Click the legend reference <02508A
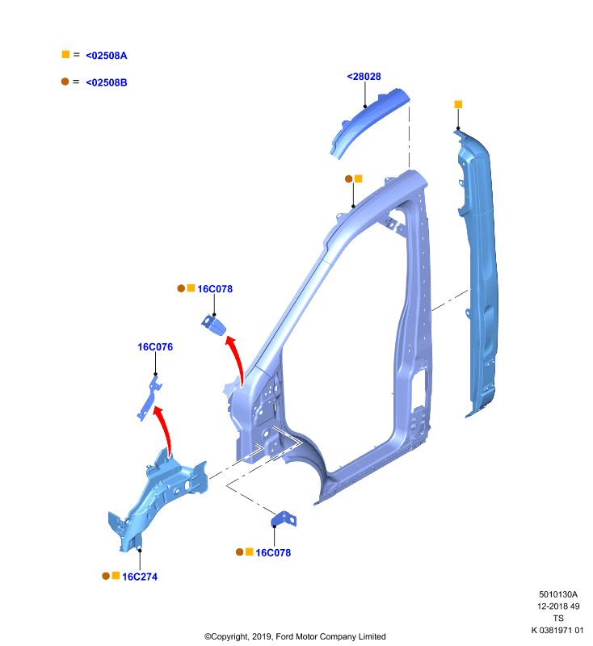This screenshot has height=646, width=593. coord(107,56)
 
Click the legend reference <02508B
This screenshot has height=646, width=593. coord(107,82)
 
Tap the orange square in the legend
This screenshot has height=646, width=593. coord(65,54)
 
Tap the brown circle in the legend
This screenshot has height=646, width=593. coord(65,82)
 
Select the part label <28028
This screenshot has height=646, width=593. coord(364,77)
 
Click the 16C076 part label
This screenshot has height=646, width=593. coord(155,347)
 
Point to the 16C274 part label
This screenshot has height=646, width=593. coord(140,577)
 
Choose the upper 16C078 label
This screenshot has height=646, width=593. coord(215,289)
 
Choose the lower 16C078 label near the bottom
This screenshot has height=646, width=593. coord(273,553)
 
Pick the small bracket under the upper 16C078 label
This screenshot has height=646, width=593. coord(214,325)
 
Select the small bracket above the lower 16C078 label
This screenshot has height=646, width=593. coord(284,519)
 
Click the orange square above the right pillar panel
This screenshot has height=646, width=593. coord(458,105)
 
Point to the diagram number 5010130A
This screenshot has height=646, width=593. coord(558,594)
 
